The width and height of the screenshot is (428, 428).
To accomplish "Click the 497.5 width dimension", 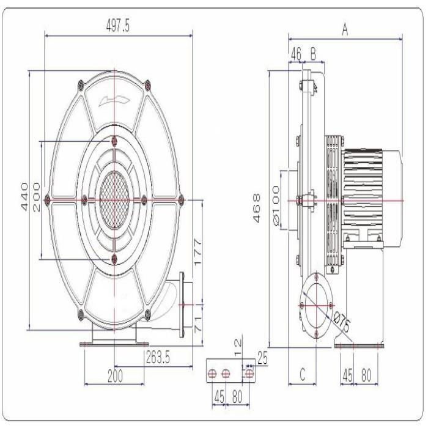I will [x=119, y=25].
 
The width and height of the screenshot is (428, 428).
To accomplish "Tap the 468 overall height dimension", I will [x=257, y=208].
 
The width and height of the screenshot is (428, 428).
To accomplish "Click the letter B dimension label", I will [x=313, y=54].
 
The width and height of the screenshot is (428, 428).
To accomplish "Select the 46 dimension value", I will [x=296, y=54].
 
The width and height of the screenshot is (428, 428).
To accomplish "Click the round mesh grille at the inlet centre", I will [x=114, y=199].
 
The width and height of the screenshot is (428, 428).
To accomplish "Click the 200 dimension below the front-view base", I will [x=114, y=376].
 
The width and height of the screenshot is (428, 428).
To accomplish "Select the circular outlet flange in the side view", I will [x=316, y=303].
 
